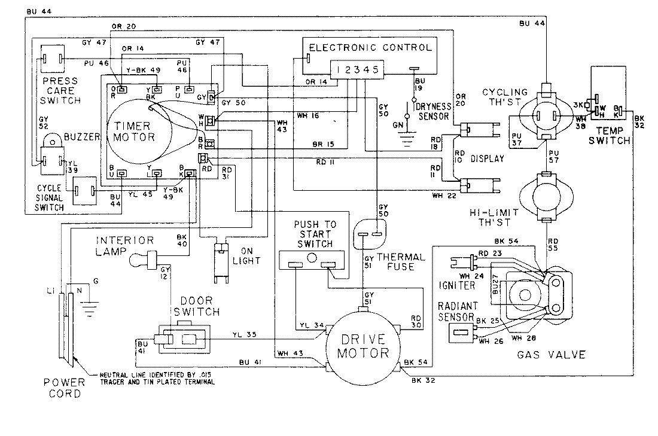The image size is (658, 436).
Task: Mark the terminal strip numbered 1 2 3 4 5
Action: point(357,70)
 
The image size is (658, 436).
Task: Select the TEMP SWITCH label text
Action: point(609,136)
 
